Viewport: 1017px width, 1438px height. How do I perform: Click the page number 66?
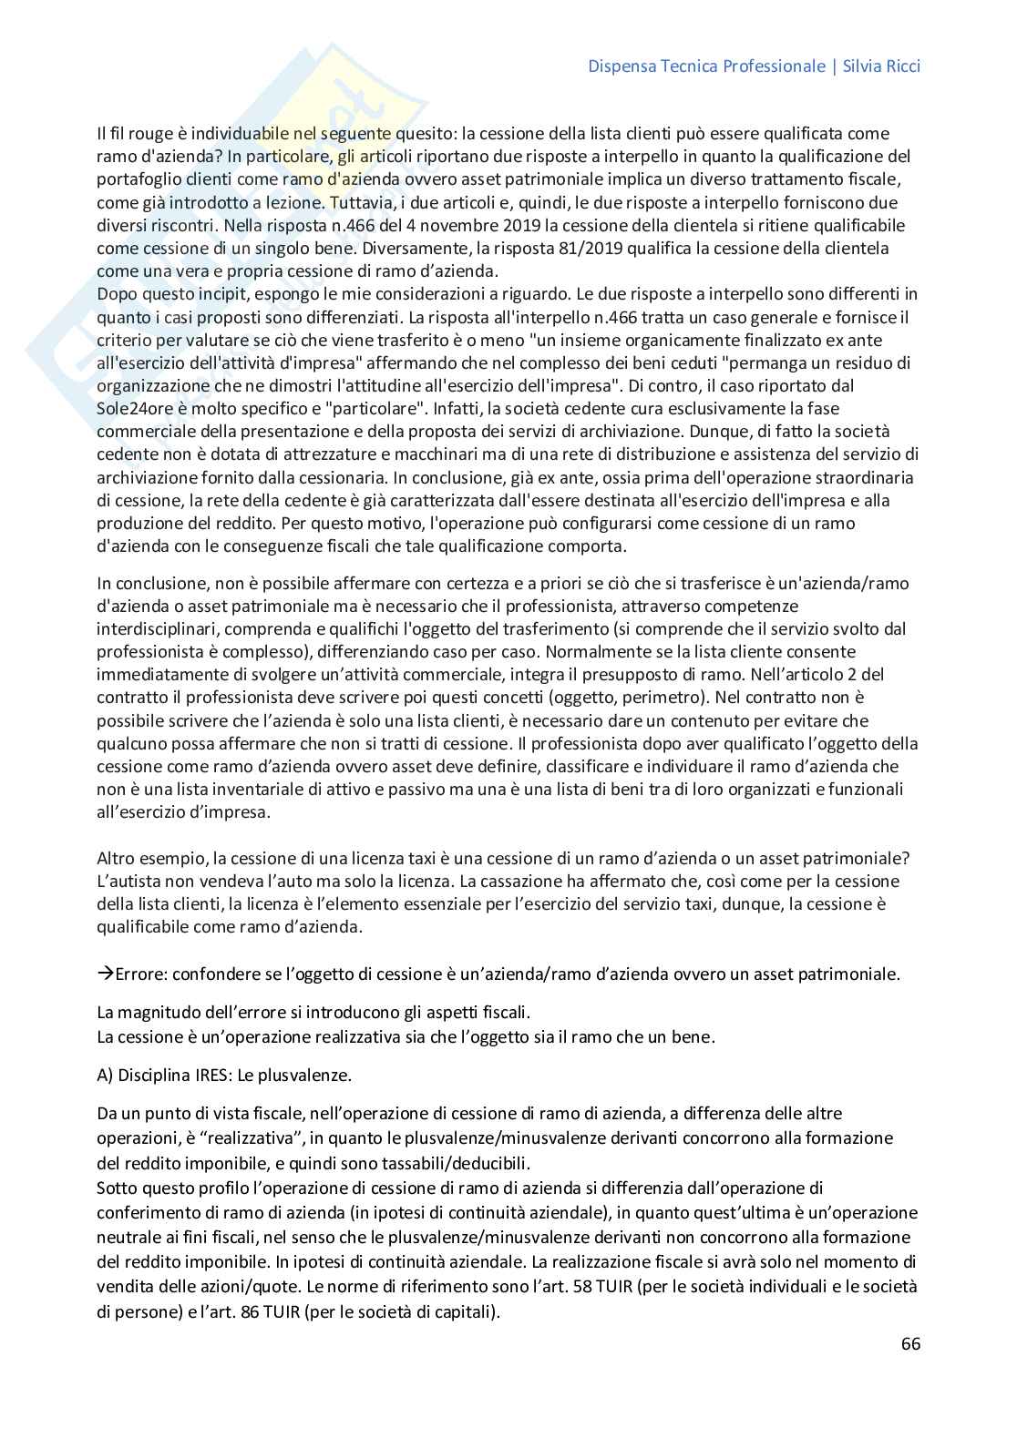(910, 1343)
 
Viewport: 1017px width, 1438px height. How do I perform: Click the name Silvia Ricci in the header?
(882, 66)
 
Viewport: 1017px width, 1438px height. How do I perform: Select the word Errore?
(139, 974)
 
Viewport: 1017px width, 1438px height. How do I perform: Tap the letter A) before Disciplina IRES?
(105, 1075)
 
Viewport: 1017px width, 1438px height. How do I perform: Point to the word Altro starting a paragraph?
(116, 859)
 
